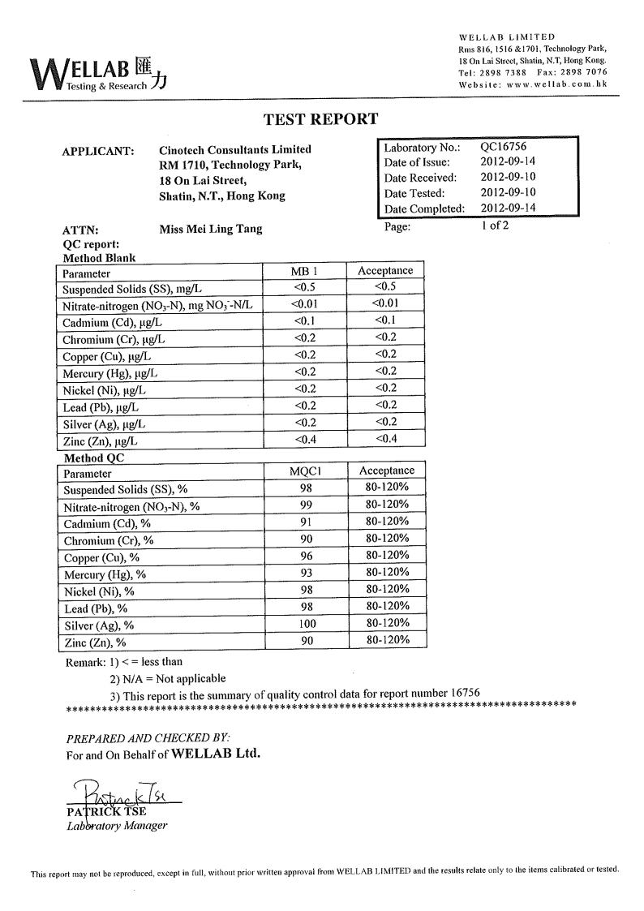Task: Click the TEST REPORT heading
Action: [x=320, y=119]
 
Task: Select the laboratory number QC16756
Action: [x=503, y=148]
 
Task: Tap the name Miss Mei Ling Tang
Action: [x=211, y=230]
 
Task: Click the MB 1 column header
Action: [x=305, y=271]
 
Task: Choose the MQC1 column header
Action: [x=305, y=471]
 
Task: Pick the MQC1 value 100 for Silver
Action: [x=305, y=624]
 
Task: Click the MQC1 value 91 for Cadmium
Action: [x=305, y=522]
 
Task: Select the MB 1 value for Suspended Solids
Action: [x=305, y=287]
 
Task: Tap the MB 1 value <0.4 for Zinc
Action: [x=305, y=440]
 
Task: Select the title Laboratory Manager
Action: [x=117, y=826]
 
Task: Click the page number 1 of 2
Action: [x=495, y=226]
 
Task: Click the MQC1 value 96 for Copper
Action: [x=305, y=556]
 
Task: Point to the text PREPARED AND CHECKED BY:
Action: [x=148, y=737]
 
